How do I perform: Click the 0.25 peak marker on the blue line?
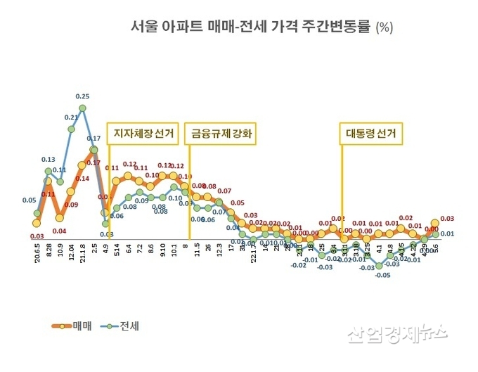(x=82, y=108)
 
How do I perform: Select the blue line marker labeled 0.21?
(x=71, y=129)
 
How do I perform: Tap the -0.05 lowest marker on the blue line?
(x=379, y=265)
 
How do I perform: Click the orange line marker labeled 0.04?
(x=60, y=218)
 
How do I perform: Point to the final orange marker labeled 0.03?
(x=435, y=223)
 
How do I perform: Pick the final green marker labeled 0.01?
(x=435, y=234)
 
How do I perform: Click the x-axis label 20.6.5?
(x=37, y=252)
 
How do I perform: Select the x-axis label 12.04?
(x=72, y=250)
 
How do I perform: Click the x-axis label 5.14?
(x=117, y=250)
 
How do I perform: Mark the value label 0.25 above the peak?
(x=82, y=96)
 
